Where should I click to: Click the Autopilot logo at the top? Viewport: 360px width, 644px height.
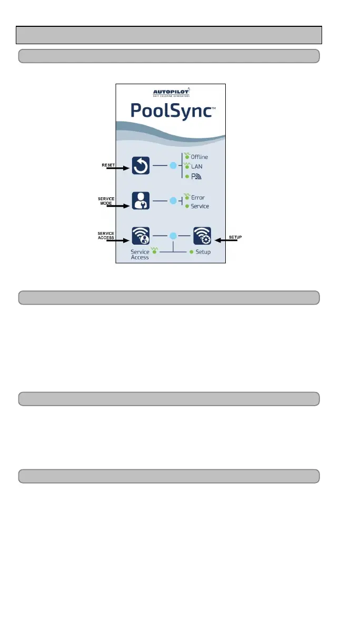pyautogui.click(x=171, y=93)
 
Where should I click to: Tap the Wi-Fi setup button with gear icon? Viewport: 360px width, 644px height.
pyautogui.click(x=203, y=236)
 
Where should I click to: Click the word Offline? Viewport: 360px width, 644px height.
pyautogui.click(x=199, y=157)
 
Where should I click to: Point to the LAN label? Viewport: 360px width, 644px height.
pyautogui.click(x=197, y=166)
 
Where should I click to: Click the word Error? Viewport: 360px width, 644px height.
pyautogui.click(x=198, y=197)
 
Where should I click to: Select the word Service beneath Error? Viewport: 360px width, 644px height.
pyautogui.click(x=200, y=206)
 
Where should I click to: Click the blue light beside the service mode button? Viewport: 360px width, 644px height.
pyautogui.click(x=172, y=202)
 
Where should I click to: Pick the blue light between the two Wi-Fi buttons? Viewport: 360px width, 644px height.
pyautogui.click(x=172, y=236)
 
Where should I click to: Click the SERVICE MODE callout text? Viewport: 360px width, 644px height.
pyautogui.click(x=107, y=200)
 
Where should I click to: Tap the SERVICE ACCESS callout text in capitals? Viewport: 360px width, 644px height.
pyautogui.click(x=107, y=235)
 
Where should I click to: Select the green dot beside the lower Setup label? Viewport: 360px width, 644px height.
pyautogui.click(x=192, y=252)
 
